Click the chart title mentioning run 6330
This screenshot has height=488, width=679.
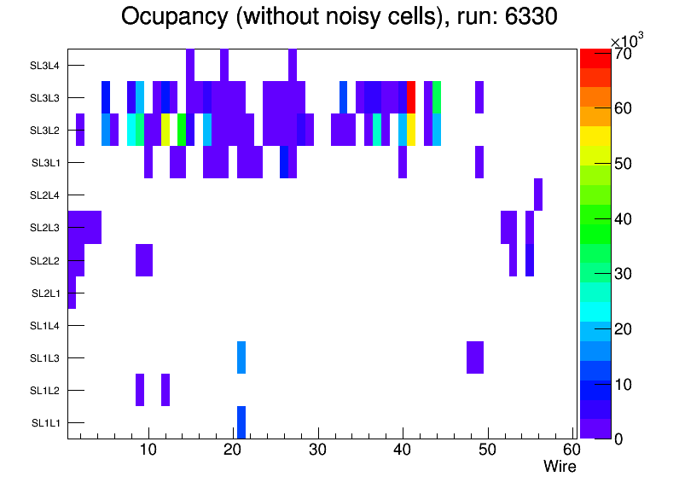(339, 17)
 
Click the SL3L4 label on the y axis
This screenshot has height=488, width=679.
(46, 65)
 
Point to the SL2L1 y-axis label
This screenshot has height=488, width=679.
(46, 293)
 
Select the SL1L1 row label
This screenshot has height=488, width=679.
(46, 423)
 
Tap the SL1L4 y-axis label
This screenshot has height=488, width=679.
(46, 326)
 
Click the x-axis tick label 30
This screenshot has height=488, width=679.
(317, 450)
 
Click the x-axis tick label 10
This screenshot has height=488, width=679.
(148, 450)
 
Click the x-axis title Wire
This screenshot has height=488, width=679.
(560, 467)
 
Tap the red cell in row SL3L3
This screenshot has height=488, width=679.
(411, 97)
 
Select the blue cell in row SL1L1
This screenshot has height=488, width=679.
(241, 422)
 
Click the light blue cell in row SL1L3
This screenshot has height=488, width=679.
(241, 357)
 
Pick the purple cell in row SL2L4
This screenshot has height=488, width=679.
(538, 195)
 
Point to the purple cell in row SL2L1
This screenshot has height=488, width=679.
(72, 293)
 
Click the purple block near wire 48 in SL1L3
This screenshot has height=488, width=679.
(475, 357)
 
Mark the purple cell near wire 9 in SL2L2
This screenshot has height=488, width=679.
(144, 259)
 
